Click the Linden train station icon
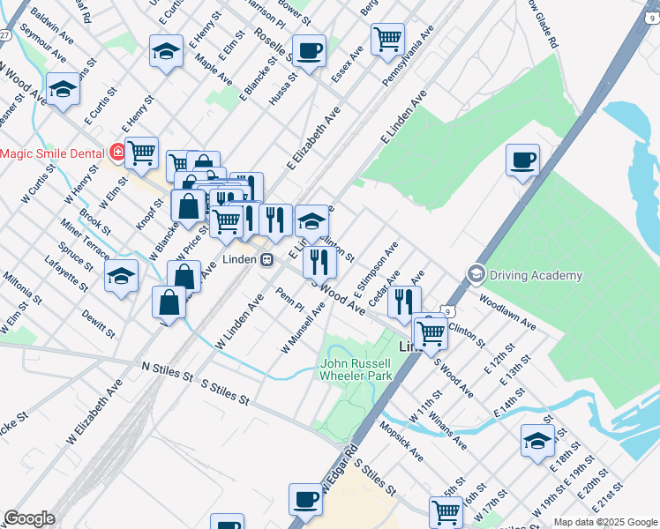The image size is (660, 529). pyautogui.click(x=266, y=259)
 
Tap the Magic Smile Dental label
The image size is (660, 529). pyautogui.click(x=52, y=153)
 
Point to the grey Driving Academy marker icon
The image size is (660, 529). pyautogui.click(x=477, y=274)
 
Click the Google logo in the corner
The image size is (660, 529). pyautogui.click(x=29, y=518)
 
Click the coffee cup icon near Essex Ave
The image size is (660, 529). pyautogui.click(x=309, y=50)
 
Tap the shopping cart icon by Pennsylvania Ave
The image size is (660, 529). pyautogui.click(x=387, y=39)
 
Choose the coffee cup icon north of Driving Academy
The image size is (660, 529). pyautogui.click(x=522, y=160)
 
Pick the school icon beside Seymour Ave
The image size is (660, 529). pyautogui.click(x=63, y=89)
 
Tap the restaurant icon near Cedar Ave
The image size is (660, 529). pyautogui.click(x=404, y=302)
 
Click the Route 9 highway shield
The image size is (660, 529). pyautogui.click(x=448, y=311)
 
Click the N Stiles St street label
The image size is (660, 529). pyautogui.click(x=167, y=370)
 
